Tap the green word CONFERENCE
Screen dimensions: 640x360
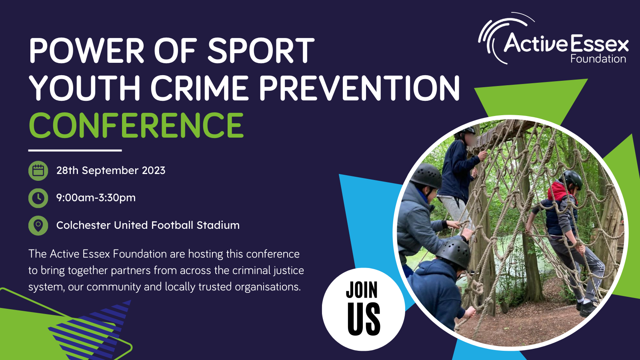click(x=136, y=125)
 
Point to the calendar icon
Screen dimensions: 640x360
click(x=38, y=170)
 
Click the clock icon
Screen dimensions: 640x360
click(x=38, y=198)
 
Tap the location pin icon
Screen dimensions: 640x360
click(x=38, y=226)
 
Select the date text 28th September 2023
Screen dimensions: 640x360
click(x=111, y=170)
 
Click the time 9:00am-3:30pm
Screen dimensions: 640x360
click(x=96, y=198)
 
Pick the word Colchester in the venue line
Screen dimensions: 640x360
click(x=84, y=225)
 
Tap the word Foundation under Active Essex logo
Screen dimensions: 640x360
click(x=598, y=59)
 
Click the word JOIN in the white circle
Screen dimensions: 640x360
click(x=362, y=290)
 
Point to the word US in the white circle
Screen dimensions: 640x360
click(x=364, y=319)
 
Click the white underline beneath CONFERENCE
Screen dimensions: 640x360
click(x=75, y=150)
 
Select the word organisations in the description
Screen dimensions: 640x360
click(x=268, y=286)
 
